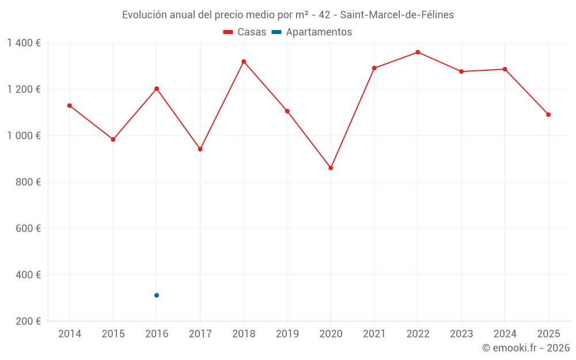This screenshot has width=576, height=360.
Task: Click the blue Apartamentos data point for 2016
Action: pos(157,295)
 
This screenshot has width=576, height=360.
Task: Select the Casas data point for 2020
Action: pos(331,168)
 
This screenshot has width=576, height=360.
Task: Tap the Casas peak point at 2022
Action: pos(418,52)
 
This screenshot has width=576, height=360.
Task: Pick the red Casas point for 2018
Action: pos(244,62)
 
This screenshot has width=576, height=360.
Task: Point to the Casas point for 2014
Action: pos(70,106)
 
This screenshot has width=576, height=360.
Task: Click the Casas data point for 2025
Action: pos(548,115)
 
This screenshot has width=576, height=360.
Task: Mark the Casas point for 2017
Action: pos(200,149)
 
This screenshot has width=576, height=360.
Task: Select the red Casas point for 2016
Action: pos(157,89)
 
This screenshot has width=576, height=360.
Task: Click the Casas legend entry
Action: pos(245,32)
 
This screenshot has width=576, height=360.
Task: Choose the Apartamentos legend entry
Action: pos(312,32)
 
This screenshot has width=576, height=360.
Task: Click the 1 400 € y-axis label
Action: pos(24,43)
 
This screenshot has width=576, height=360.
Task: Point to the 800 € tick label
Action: pos(28,182)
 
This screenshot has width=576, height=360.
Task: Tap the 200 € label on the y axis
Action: pos(28,321)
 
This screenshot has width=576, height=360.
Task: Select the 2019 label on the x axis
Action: pos(287,334)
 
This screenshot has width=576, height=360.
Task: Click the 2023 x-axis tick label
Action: pos(461,334)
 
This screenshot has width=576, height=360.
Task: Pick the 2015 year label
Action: pos(113,334)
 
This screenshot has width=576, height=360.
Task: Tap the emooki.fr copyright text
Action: pos(525,348)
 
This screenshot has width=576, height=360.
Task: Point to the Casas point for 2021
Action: pos(374,68)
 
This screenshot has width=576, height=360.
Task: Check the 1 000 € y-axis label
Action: pos(24,136)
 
